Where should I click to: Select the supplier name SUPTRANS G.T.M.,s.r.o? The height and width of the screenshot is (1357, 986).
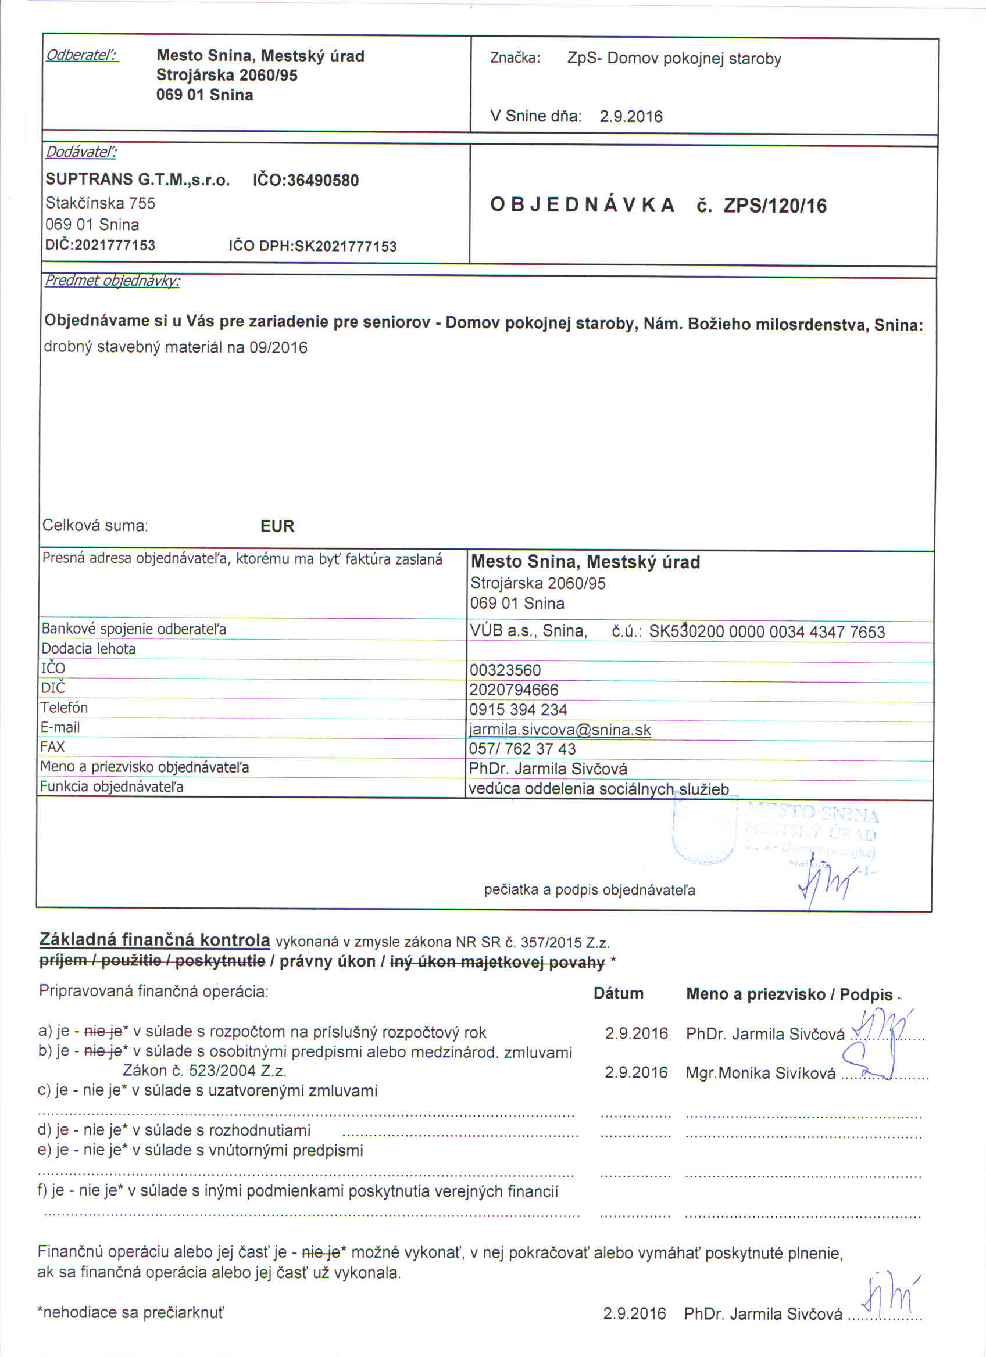(137, 180)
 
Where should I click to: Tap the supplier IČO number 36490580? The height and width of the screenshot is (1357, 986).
(323, 180)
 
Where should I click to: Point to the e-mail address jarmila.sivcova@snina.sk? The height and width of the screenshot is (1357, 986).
(560, 730)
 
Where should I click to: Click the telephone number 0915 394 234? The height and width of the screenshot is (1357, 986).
(519, 710)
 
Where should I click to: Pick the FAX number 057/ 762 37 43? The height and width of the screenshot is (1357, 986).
(522, 749)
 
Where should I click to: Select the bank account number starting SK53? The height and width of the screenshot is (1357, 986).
(766, 632)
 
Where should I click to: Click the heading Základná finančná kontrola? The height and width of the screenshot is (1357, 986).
(155, 940)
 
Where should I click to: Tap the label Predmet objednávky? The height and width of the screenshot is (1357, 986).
(112, 281)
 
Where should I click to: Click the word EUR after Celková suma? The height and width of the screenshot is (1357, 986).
(277, 526)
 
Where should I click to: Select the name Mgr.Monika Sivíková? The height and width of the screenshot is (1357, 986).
(760, 1074)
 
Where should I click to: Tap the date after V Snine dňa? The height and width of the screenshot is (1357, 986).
(631, 116)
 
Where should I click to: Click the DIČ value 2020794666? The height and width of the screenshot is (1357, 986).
(514, 690)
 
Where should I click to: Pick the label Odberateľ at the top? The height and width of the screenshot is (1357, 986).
(82, 56)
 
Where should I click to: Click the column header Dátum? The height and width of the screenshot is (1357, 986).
(619, 994)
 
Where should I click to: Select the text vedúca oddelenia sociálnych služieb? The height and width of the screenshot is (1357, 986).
(599, 789)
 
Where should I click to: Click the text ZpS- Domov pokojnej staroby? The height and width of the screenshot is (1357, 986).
(674, 59)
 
